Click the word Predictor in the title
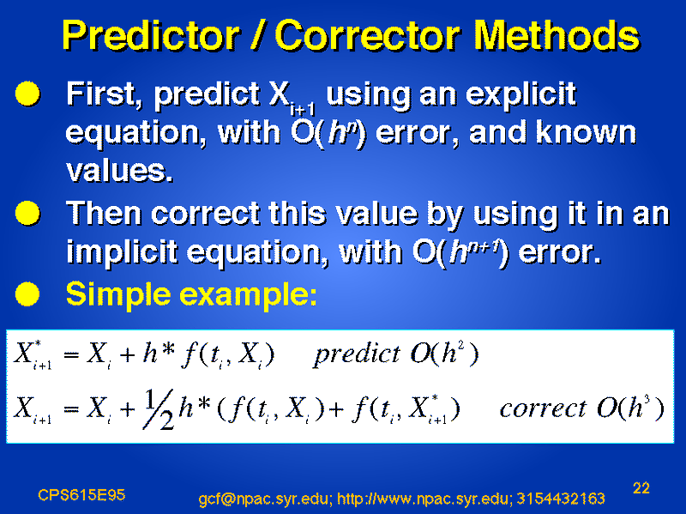151,36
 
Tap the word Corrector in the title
368,36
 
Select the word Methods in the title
557,36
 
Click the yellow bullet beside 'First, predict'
27,94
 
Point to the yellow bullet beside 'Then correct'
27,213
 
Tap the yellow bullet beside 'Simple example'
27,293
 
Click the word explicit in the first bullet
521,95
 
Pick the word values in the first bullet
119,171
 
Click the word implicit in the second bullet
122,253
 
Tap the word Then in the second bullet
104,213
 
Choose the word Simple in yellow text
118,294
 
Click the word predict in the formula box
357,354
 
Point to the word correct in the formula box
543,408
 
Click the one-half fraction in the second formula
159,410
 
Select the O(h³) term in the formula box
630,408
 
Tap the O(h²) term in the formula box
444,353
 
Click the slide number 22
641,487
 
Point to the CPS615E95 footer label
81,495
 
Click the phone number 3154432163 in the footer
561,499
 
